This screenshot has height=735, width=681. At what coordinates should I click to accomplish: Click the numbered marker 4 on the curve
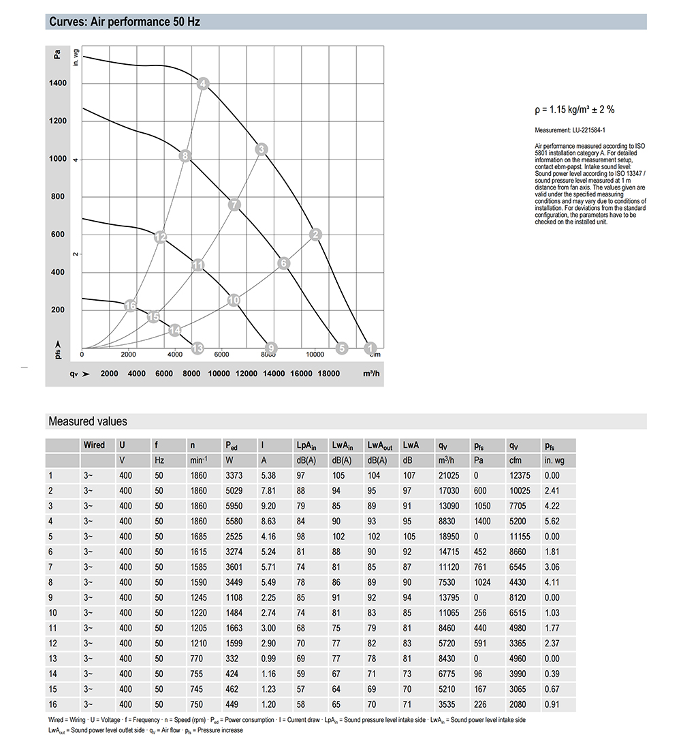click(203, 84)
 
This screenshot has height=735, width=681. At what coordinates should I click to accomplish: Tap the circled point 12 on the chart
click(161, 237)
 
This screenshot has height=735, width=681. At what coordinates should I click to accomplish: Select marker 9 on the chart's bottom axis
click(270, 348)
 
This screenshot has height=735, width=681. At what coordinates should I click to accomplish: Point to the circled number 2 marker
click(315, 235)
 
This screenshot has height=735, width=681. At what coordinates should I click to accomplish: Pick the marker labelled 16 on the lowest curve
click(131, 306)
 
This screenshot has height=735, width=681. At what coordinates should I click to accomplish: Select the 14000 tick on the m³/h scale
click(273, 374)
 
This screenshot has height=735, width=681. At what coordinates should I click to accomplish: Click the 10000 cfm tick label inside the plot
click(315, 355)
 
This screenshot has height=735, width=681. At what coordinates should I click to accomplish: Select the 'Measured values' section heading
click(87, 421)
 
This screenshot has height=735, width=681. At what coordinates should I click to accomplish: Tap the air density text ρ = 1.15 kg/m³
click(575, 109)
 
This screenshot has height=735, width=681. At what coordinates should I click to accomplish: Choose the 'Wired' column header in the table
click(94, 445)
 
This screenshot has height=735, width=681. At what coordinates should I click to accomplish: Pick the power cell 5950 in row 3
click(234, 505)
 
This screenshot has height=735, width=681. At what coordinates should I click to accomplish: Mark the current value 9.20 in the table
click(268, 505)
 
